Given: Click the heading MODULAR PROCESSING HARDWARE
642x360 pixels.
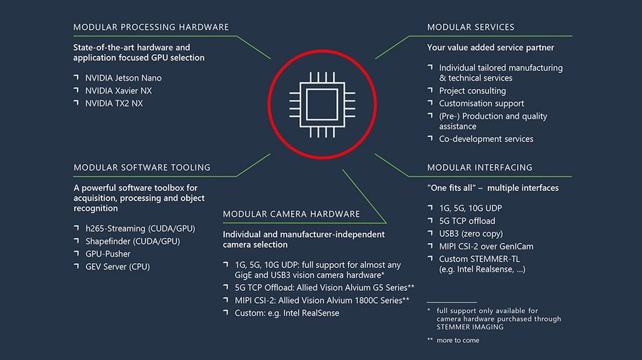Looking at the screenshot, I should (151, 27).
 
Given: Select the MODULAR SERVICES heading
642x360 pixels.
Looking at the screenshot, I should (470, 27).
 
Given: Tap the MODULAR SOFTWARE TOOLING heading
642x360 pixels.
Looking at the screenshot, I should (142, 168).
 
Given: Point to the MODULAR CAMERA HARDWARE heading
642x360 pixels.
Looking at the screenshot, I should (291, 214).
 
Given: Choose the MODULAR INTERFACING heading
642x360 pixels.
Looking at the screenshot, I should (479, 168).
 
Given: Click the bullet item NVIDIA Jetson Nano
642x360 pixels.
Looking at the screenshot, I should (123, 78).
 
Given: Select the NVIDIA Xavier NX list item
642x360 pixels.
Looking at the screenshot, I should (118, 91).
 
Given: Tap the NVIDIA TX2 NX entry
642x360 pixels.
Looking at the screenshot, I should (113, 103).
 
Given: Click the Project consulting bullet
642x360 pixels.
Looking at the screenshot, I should (472, 91).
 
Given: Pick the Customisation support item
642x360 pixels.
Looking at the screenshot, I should (481, 103).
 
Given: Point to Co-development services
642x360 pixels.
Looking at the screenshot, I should (486, 139).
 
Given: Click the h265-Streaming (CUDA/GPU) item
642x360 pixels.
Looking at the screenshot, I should (139, 229).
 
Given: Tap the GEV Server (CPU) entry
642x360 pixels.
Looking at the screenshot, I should (118, 267).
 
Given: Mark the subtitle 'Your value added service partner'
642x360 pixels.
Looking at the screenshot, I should (491, 48).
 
